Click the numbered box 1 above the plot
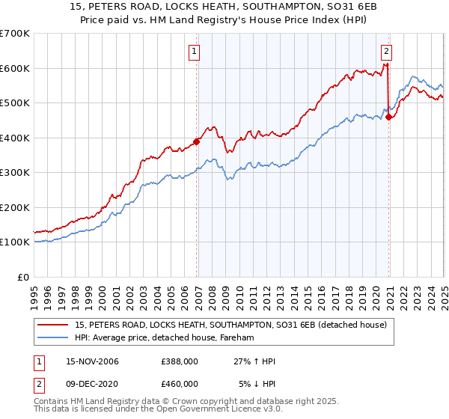[x=194, y=52]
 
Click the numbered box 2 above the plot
[x=386, y=52]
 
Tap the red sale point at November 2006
[x=197, y=141]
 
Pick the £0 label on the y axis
[x=22, y=277]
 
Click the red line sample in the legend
[x=54, y=325]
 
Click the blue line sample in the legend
[x=54, y=337]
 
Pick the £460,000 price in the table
[x=180, y=384]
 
